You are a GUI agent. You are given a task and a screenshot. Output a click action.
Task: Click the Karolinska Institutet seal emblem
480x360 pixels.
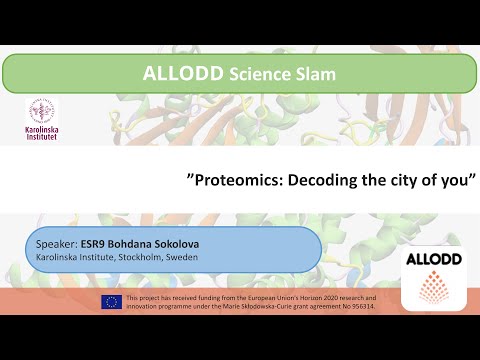pyautogui.click(x=42, y=111)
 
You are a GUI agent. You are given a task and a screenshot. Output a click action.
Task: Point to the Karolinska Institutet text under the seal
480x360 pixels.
pyautogui.click(x=42, y=132)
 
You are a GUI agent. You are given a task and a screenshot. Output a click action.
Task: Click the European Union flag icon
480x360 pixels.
pyautogui.click(x=111, y=302)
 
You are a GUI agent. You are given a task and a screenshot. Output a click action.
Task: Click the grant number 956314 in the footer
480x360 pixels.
pyautogui.click(x=359, y=306)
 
